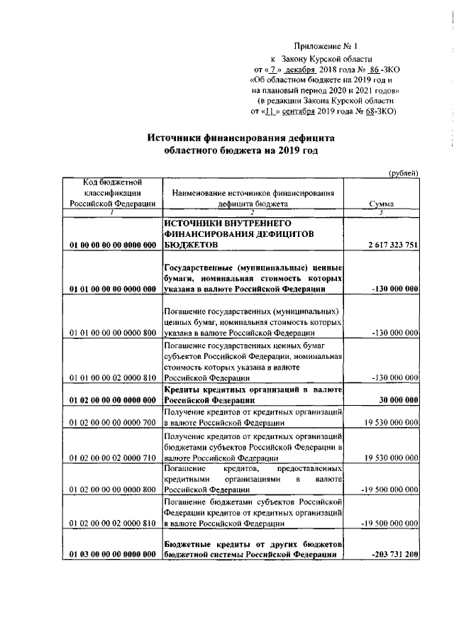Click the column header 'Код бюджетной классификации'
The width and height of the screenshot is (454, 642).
click(x=113, y=192)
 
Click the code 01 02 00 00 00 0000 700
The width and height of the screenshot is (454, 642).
click(x=113, y=423)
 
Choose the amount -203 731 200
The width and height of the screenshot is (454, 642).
click(x=394, y=554)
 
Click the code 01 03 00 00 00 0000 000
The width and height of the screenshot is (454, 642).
click(x=113, y=554)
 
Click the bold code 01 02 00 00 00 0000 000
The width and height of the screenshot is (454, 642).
click(x=113, y=400)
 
